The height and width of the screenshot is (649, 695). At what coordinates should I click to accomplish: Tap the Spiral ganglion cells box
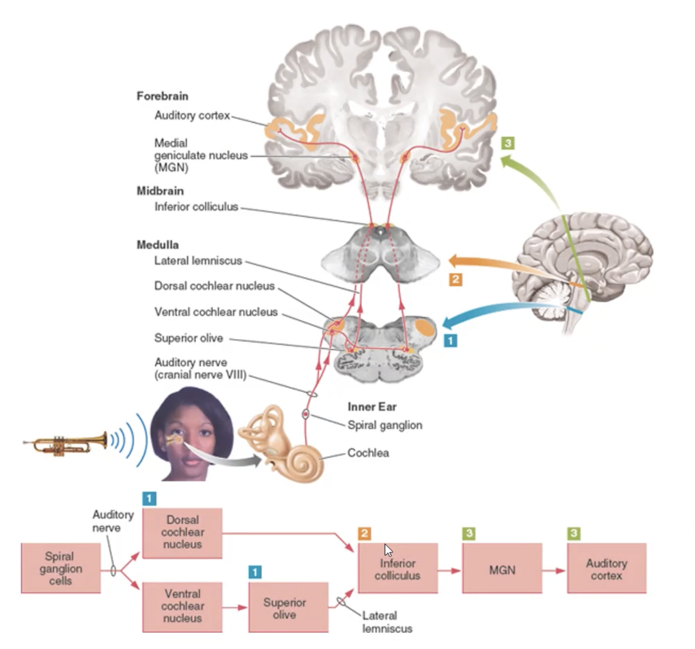pyautogui.click(x=61, y=568)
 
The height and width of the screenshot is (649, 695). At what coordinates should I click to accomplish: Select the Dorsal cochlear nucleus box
pyautogui.click(x=182, y=533)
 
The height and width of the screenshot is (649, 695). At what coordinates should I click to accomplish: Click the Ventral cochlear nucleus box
pyautogui.click(x=182, y=606)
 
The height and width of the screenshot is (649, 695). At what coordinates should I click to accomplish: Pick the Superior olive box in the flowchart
pyautogui.click(x=288, y=607)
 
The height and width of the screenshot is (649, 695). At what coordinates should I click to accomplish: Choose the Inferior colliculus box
pyautogui.click(x=398, y=568)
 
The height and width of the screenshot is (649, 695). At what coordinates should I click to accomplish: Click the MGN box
pyautogui.click(x=502, y=569)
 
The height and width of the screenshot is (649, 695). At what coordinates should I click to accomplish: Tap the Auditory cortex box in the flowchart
pyautogui.click(x=606, y=569)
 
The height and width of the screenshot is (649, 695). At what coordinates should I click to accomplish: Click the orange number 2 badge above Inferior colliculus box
pyautogui.click(x=364, y=534)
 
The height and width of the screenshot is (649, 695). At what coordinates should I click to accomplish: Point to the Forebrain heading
pyautogui.click(x=162, y=96)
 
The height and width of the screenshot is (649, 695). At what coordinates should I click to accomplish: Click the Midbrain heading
pyautogui.click(x=160, y=191)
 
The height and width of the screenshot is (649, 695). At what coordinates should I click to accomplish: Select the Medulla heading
pyautogui.click(x=157, y=245)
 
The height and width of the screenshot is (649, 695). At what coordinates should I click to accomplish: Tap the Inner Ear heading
pyautogui.click(x=372, y=407)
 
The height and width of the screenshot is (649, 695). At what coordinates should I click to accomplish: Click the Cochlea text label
pyautogui.click(x=368, y=453)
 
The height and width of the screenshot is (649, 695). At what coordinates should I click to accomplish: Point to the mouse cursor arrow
pyautogui.click(x=388, y=550)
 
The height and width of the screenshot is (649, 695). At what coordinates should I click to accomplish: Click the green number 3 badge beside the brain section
pyautogui.click(x=507, y=144)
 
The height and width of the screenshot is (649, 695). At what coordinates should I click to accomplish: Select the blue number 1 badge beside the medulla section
pyautogui.click(x=450, y=341)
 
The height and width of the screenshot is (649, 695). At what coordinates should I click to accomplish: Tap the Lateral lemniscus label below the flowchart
pyautogui.click(x=387, y=622)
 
